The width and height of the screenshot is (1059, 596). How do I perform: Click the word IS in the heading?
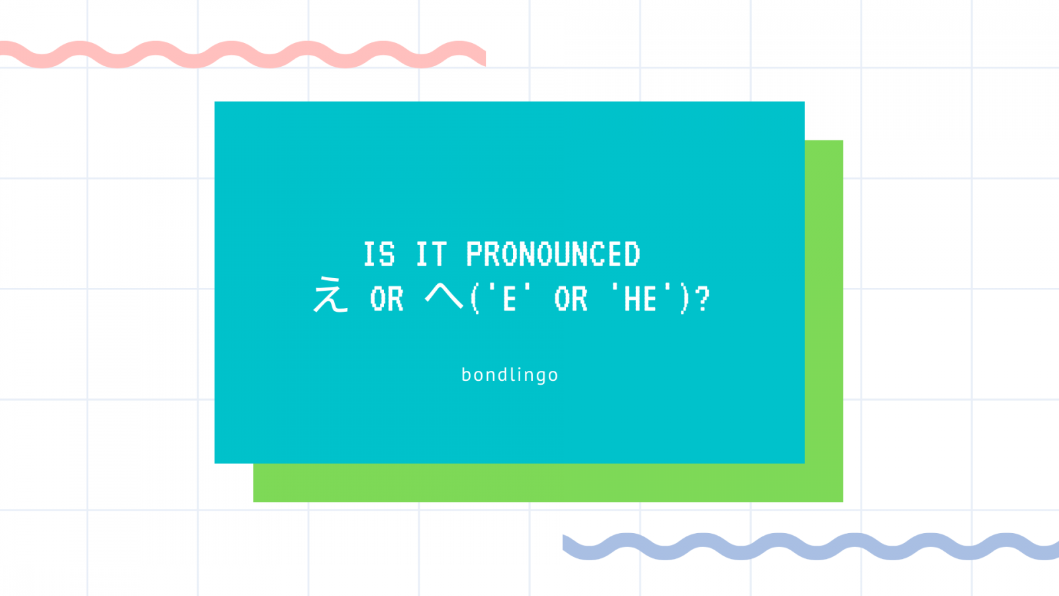[379, 254]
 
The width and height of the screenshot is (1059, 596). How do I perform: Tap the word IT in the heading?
[431, 254]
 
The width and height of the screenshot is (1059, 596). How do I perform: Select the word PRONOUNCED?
[553, 254]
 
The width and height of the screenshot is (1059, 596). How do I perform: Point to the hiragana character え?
[330, 295]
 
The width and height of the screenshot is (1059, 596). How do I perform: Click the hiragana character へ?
[444, 297]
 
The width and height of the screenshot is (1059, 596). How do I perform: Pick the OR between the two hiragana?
[387, 299]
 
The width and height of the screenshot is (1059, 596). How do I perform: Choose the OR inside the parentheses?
[571, 299]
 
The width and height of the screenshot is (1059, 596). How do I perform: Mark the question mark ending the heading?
[703, 299]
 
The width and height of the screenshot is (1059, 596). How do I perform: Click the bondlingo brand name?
[510, 375]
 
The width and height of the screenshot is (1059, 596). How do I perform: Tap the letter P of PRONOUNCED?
[474, 254]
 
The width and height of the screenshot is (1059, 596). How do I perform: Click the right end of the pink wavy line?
[485, 58]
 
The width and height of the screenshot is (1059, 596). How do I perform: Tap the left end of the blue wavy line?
[563, 542]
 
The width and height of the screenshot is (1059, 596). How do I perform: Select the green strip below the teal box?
[548, 483]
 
